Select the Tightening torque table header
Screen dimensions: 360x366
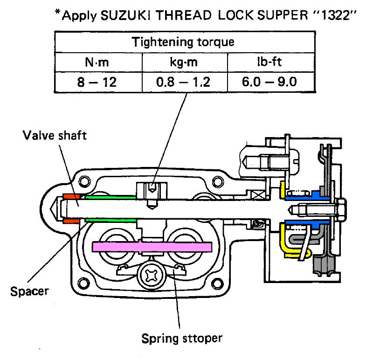point(183,42)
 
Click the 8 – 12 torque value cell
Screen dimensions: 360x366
point(98,82)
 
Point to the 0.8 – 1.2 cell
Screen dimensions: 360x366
point(185,82)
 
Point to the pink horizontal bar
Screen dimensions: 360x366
point(153,246)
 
